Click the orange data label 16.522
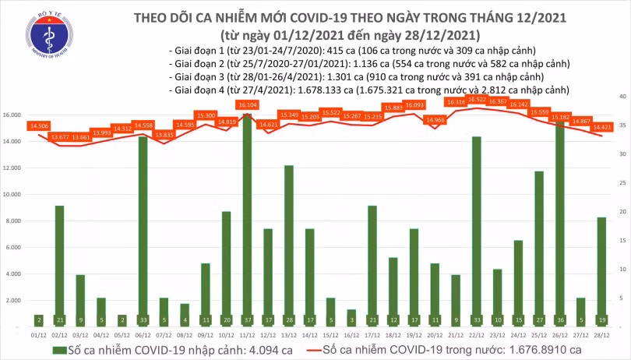pyautogui.click(x=476, y=101)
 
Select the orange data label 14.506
pyautogui.click(x=38, y=125)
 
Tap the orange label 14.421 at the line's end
pyautogui.click(x=601, y=125)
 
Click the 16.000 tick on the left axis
pyautogui.click(x=12, y=115)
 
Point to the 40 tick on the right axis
pyautogui.click(x=621, y=96)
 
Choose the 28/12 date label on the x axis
pyautogui.click(x=601, y=334)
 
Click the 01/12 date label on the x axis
pyautogui.click(x=38, y=334)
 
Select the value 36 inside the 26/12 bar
pyautogui.click(x=559, y=319)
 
